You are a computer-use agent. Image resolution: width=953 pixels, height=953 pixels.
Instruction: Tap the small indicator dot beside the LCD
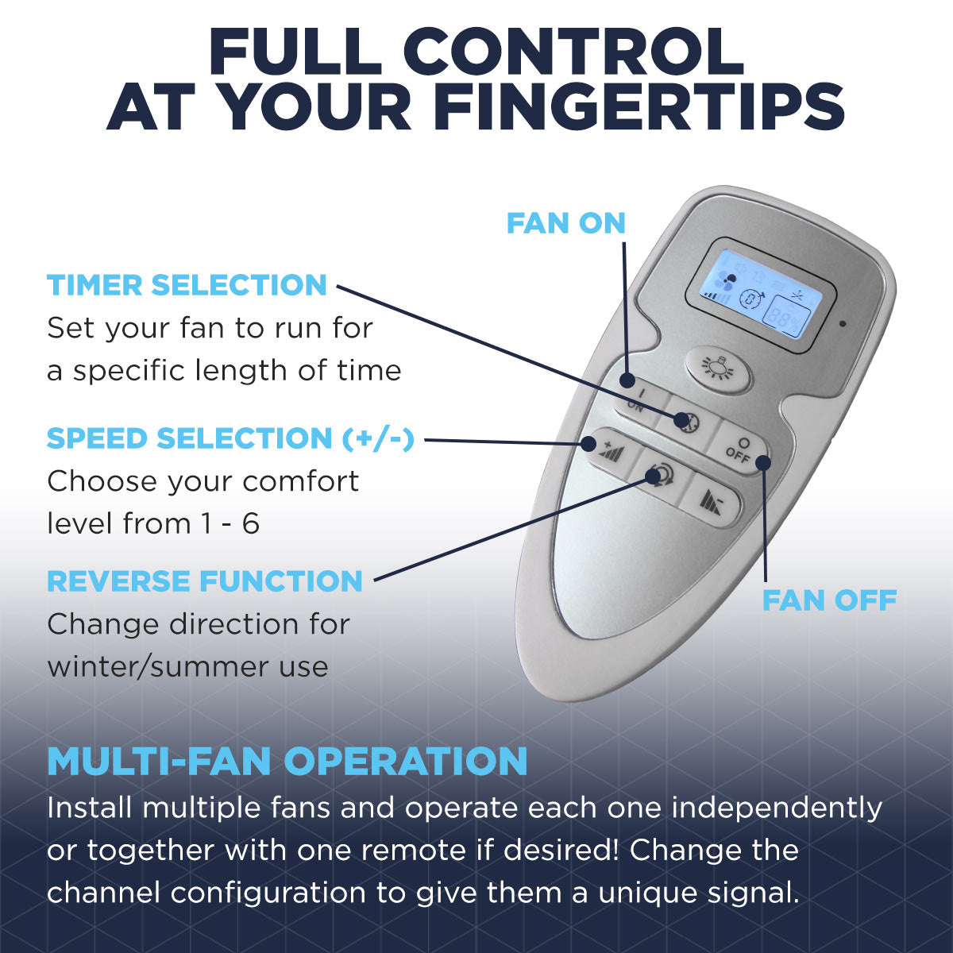pyautogui.click(x=842, y=324)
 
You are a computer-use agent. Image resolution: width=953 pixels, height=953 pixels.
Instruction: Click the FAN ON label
pyautogui.click(x=566, y=223)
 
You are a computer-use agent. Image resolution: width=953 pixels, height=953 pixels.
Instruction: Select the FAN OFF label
pyautogui.click(x=829, y=600)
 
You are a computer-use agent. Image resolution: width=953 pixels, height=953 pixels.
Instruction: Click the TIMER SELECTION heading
pyautogui.click(x=187, y=285)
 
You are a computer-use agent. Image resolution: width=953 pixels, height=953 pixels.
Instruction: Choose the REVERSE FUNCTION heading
pyautogui.click(x=205, y=581)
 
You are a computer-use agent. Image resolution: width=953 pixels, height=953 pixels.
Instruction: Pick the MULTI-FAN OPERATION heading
pyautogui.click(x=287, y=761)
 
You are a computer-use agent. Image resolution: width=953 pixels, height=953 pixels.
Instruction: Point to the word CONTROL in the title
pyautogui.click(x=578, y=52)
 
